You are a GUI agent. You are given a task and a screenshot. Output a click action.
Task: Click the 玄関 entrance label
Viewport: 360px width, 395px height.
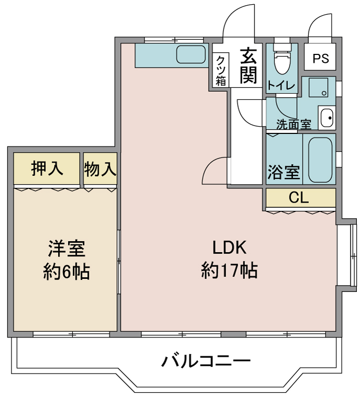click(x=248, y=66)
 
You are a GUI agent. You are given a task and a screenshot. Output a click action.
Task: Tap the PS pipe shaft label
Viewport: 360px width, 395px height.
click(x=321, y=59)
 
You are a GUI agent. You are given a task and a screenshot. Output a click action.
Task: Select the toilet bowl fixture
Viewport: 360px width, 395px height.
click(x=282, y=62)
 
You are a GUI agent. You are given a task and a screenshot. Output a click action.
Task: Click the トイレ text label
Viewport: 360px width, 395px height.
click(x=281, y=86)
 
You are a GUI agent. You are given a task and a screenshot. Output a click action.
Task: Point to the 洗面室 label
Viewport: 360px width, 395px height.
click(x=294, y=125)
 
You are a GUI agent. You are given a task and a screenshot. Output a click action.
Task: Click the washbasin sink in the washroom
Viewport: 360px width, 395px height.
click(x=327, y=118)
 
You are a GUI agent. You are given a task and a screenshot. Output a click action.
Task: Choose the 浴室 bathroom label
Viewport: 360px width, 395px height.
click(x=284, y=172)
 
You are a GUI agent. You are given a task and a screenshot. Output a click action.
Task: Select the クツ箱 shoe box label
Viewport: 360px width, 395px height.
click(x=220, y=70)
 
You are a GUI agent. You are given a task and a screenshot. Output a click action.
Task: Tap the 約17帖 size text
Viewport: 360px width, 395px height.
click(x=229, y=270)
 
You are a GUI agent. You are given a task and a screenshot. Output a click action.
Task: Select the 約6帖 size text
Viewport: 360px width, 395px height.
click(x=66, y=272)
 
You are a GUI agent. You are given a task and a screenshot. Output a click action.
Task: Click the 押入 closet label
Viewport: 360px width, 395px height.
click(x=47, y=168)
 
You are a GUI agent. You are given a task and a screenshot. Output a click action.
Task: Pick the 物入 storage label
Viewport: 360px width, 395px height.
click(x=100, y=168)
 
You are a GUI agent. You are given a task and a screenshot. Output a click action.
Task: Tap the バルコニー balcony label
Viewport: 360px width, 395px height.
click(x=206, y=360)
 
